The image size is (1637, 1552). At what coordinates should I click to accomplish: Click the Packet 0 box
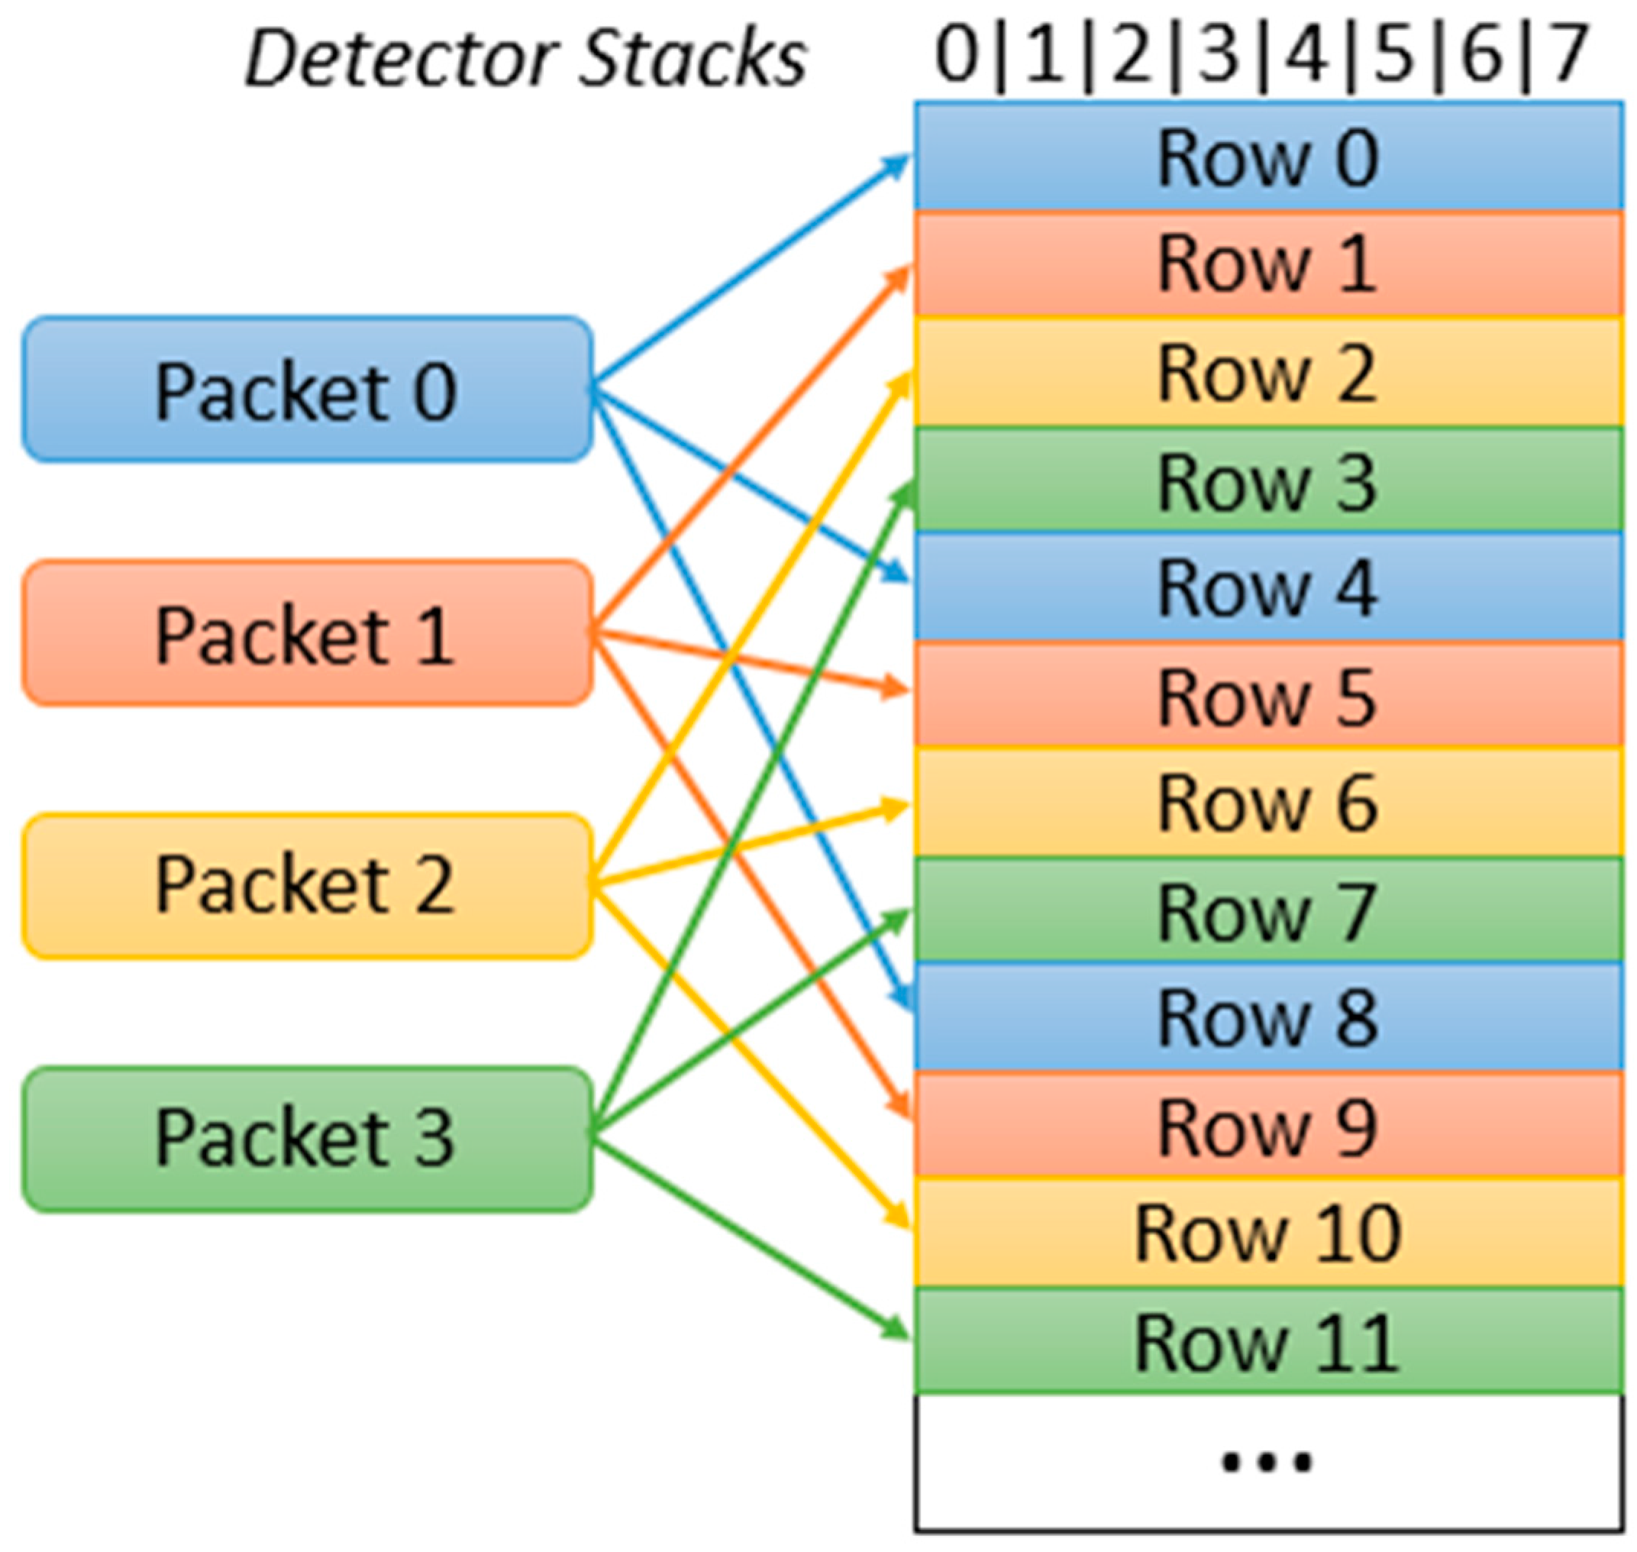point(306,389)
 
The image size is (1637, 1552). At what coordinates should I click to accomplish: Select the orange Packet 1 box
point(306,634)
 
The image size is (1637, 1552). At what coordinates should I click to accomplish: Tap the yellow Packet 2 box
point(306,885)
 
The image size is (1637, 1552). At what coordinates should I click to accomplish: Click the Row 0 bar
point(1267,156)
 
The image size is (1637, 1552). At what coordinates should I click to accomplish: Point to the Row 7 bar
point(1267,912)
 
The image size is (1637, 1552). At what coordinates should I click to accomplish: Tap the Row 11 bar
point(1267,1342)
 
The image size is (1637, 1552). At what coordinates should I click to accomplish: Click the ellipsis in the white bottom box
point(1267,1462)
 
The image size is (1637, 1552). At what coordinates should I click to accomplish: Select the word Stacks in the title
point(692,58)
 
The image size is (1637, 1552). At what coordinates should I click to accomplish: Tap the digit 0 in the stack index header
point(957,54)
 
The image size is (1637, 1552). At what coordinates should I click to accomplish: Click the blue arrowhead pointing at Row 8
point(904,998)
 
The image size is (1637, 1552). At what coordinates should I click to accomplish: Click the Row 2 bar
point(1267,372)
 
